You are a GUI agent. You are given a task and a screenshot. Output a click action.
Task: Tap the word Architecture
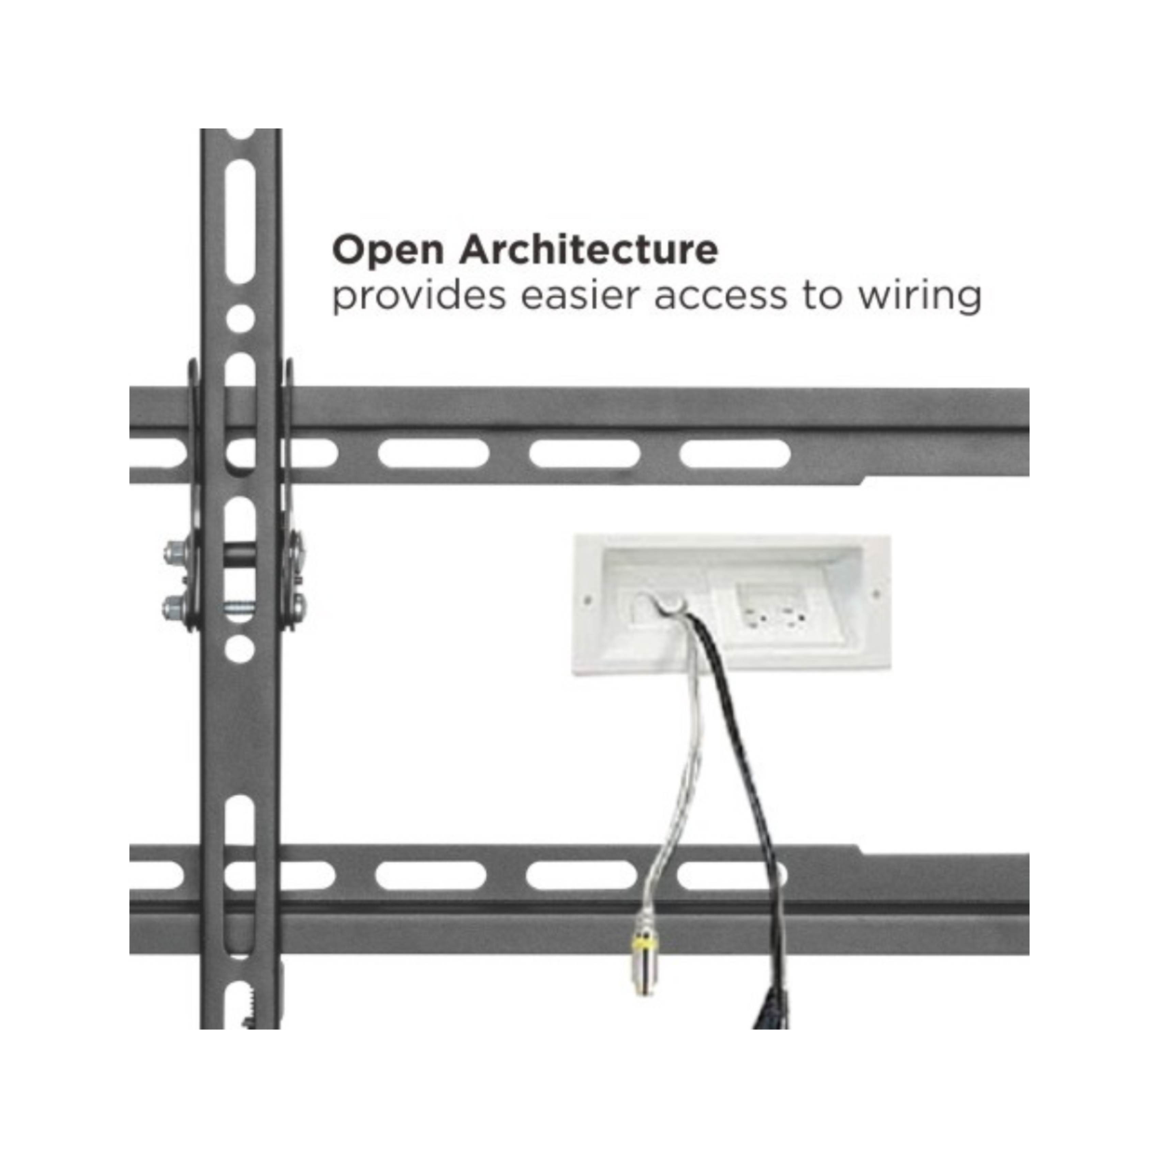[x=588, y=250]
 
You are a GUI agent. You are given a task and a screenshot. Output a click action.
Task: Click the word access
[x=720, y=297]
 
